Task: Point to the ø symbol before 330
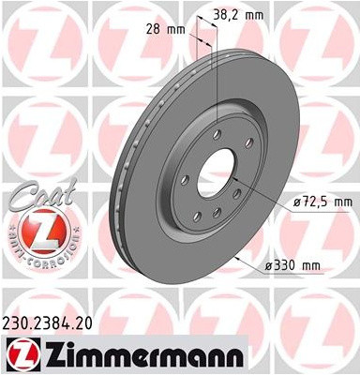(267, 266)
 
